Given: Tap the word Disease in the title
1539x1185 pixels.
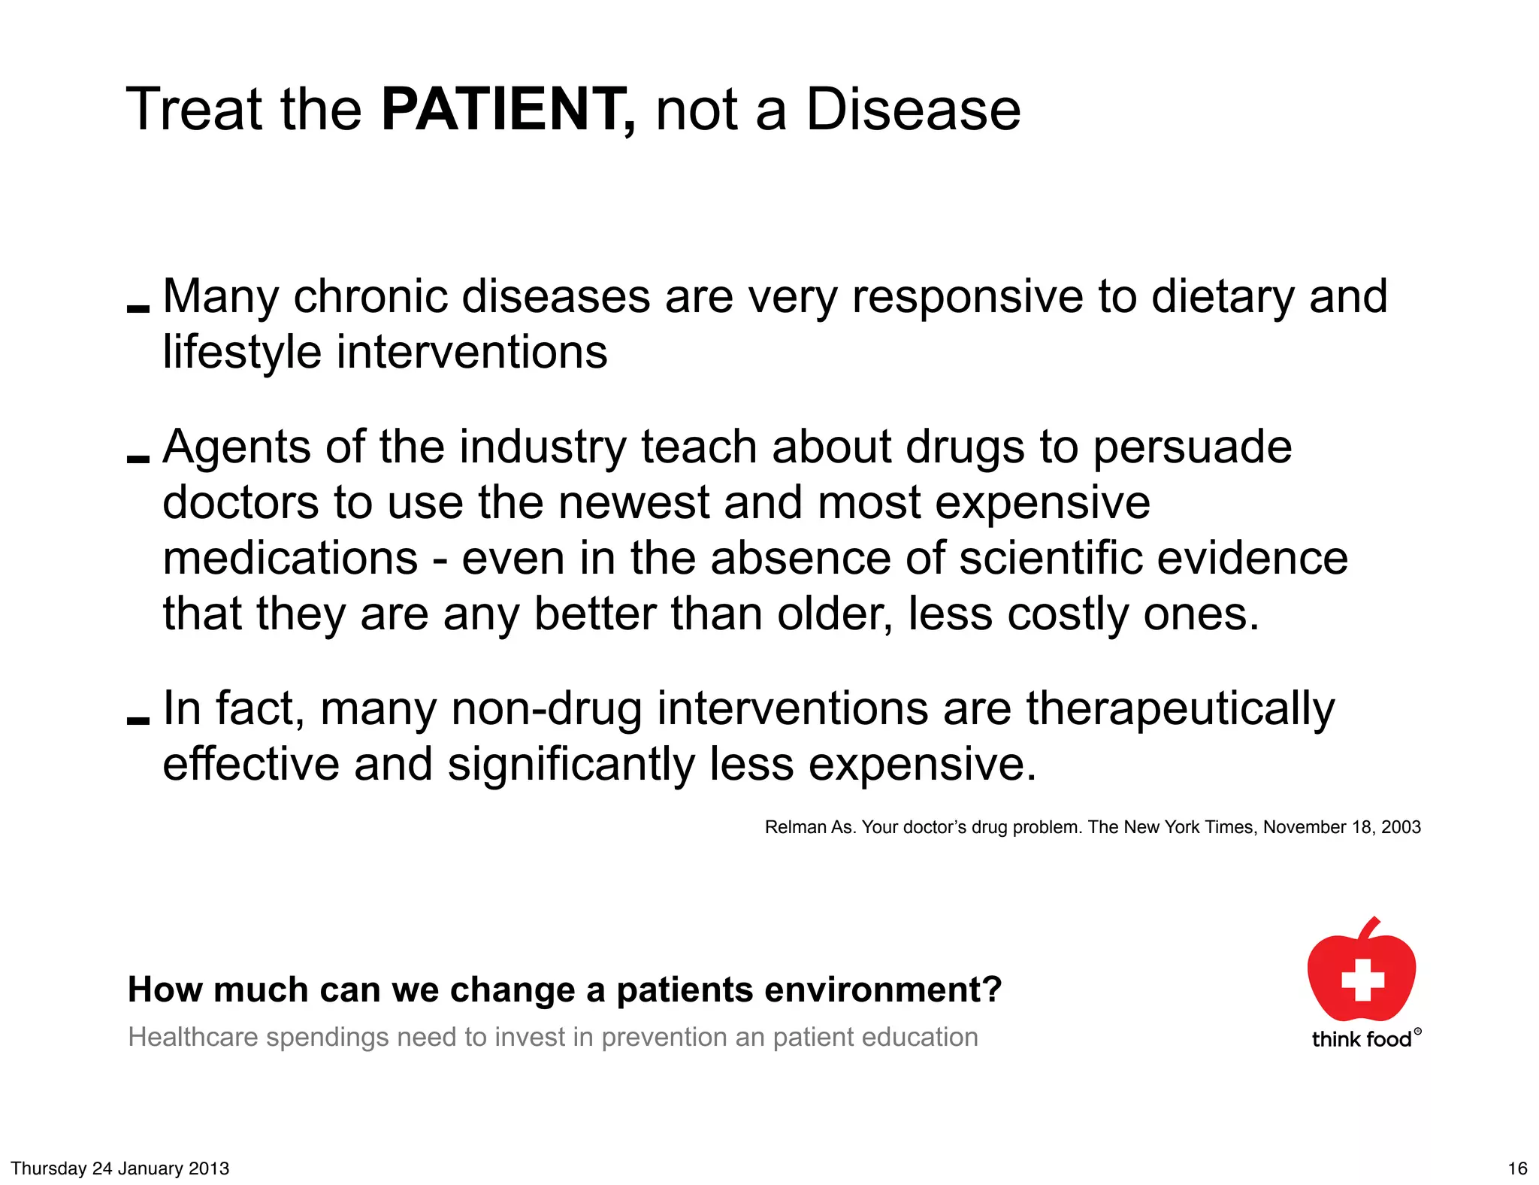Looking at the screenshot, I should (x=913, y=110).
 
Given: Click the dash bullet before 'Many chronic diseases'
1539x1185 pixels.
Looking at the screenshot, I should (x=138, y=308).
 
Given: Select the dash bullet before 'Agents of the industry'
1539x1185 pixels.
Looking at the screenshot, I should (x=138, y=459).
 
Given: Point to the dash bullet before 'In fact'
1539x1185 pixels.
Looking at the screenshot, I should (x=138, y=720).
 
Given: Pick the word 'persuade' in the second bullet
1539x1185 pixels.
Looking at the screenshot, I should (x=1192, y=447).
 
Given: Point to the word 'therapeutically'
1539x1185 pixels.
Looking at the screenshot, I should (x=1180, y=708).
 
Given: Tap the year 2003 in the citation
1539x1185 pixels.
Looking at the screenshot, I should (x=1401, y=827).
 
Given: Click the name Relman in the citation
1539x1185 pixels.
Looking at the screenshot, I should (x=795, y=827).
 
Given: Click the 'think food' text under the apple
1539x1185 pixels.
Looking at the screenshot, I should (x=1362, y=1039).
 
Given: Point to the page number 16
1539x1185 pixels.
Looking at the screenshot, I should (x=1517, y=1168).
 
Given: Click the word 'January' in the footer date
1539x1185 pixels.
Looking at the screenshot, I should (x=147, y=1168).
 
